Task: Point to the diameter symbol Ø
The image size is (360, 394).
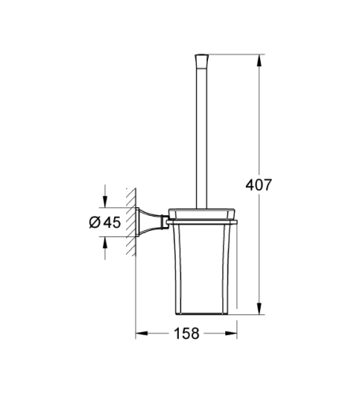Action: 93,222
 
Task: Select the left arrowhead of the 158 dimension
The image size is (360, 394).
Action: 141,333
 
